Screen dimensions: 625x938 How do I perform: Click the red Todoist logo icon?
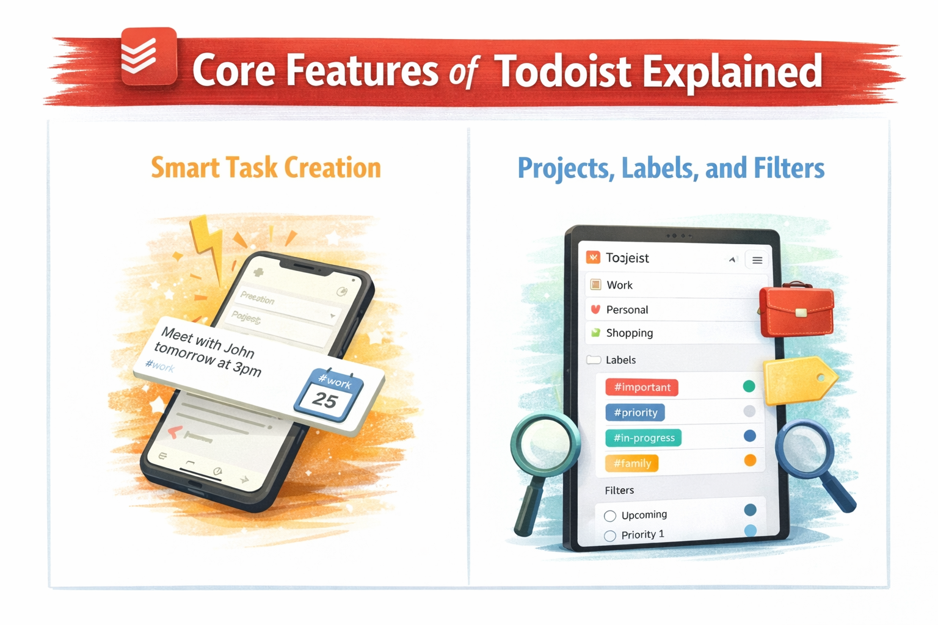click(148, 56)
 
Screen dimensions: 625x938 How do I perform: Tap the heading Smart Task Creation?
click(266, 168)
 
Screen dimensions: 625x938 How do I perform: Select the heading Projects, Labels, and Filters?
click(671, 168)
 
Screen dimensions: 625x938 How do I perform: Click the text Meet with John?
click(208, 342)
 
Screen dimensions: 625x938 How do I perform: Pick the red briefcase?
click(796, 311)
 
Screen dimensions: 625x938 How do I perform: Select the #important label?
click(642, 387)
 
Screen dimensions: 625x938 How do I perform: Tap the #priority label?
click(635, 413)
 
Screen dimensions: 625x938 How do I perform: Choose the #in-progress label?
click(644, 438)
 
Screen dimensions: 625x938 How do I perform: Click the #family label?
click(632, 463)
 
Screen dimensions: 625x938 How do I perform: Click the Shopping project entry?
click(629, 333)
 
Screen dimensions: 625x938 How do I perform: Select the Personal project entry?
click(627, 309)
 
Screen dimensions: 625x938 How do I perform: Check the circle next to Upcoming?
click(609, 516)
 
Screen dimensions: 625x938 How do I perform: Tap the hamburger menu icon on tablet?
click(757, 260)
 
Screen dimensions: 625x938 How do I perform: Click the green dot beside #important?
click(749, 386)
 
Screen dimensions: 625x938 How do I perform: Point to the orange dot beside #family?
click(750, 460)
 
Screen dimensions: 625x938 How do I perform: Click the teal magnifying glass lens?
click(545, 444)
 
